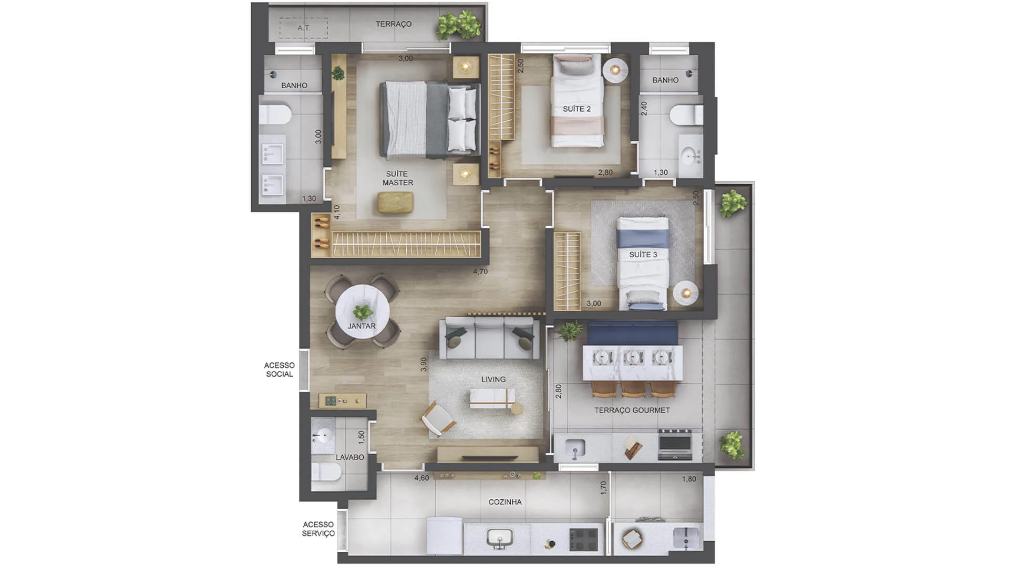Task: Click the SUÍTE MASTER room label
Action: click(x=397, y=178)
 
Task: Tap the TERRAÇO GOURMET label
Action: click(x=632, y=410)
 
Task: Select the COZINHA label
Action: click(x=505, y=502)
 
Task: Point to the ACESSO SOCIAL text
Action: click(x=280, y=370)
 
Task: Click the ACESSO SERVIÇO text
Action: click(x=318, y=529)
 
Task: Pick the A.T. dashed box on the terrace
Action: click(x=304, y=28)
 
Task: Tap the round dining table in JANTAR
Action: click(x=363, y=312)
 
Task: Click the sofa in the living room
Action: click(x=489, y=338)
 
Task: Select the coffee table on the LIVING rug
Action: click(x=492, y=398)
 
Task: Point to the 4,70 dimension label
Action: click(x=480, y=271)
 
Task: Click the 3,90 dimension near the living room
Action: click(x=424, y=364)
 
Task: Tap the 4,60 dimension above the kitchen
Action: click(x=421, y=478)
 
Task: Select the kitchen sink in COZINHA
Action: click(x=500, y=539)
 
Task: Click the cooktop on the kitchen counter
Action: click(x=584, y=540)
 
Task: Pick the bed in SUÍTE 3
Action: click(x=643, y=262)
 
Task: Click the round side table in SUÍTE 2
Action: click(x=615, y=70)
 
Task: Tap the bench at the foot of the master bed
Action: click(x=395, y=203)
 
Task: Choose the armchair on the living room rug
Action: click(x=438, y=419)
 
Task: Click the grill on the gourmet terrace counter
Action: click(x=675, y=444)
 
